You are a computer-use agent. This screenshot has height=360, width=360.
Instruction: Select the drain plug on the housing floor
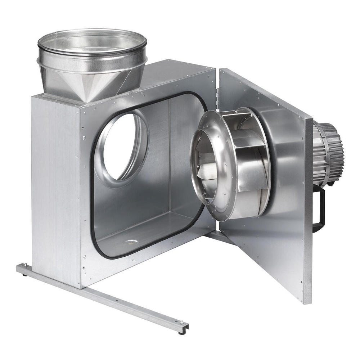click(x=131, y=242)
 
